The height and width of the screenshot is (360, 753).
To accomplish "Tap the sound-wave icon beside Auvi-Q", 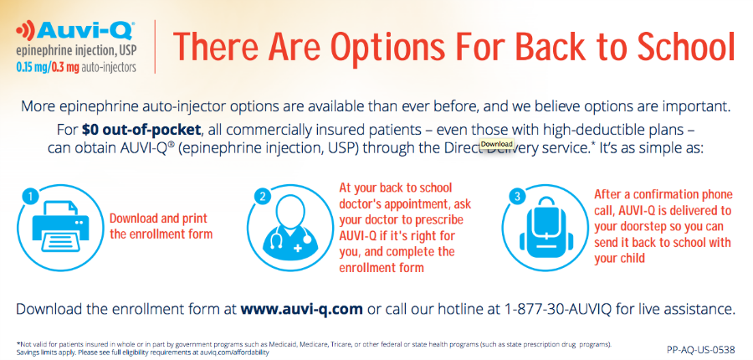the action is [25, 32].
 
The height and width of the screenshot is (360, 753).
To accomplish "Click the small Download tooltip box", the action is [497, 144].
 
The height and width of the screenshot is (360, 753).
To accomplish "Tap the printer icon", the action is [59, 226].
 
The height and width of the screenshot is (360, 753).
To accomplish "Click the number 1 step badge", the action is [31, 197].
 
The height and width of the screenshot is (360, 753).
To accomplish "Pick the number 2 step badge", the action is [262, 197].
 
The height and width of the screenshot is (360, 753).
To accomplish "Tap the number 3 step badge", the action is [517, 197].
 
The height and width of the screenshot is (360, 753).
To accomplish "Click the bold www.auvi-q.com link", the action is [301, 308].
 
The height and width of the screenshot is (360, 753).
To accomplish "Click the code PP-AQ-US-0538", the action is [701, 349].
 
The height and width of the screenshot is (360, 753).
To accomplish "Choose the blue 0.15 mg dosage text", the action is [32, 67].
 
